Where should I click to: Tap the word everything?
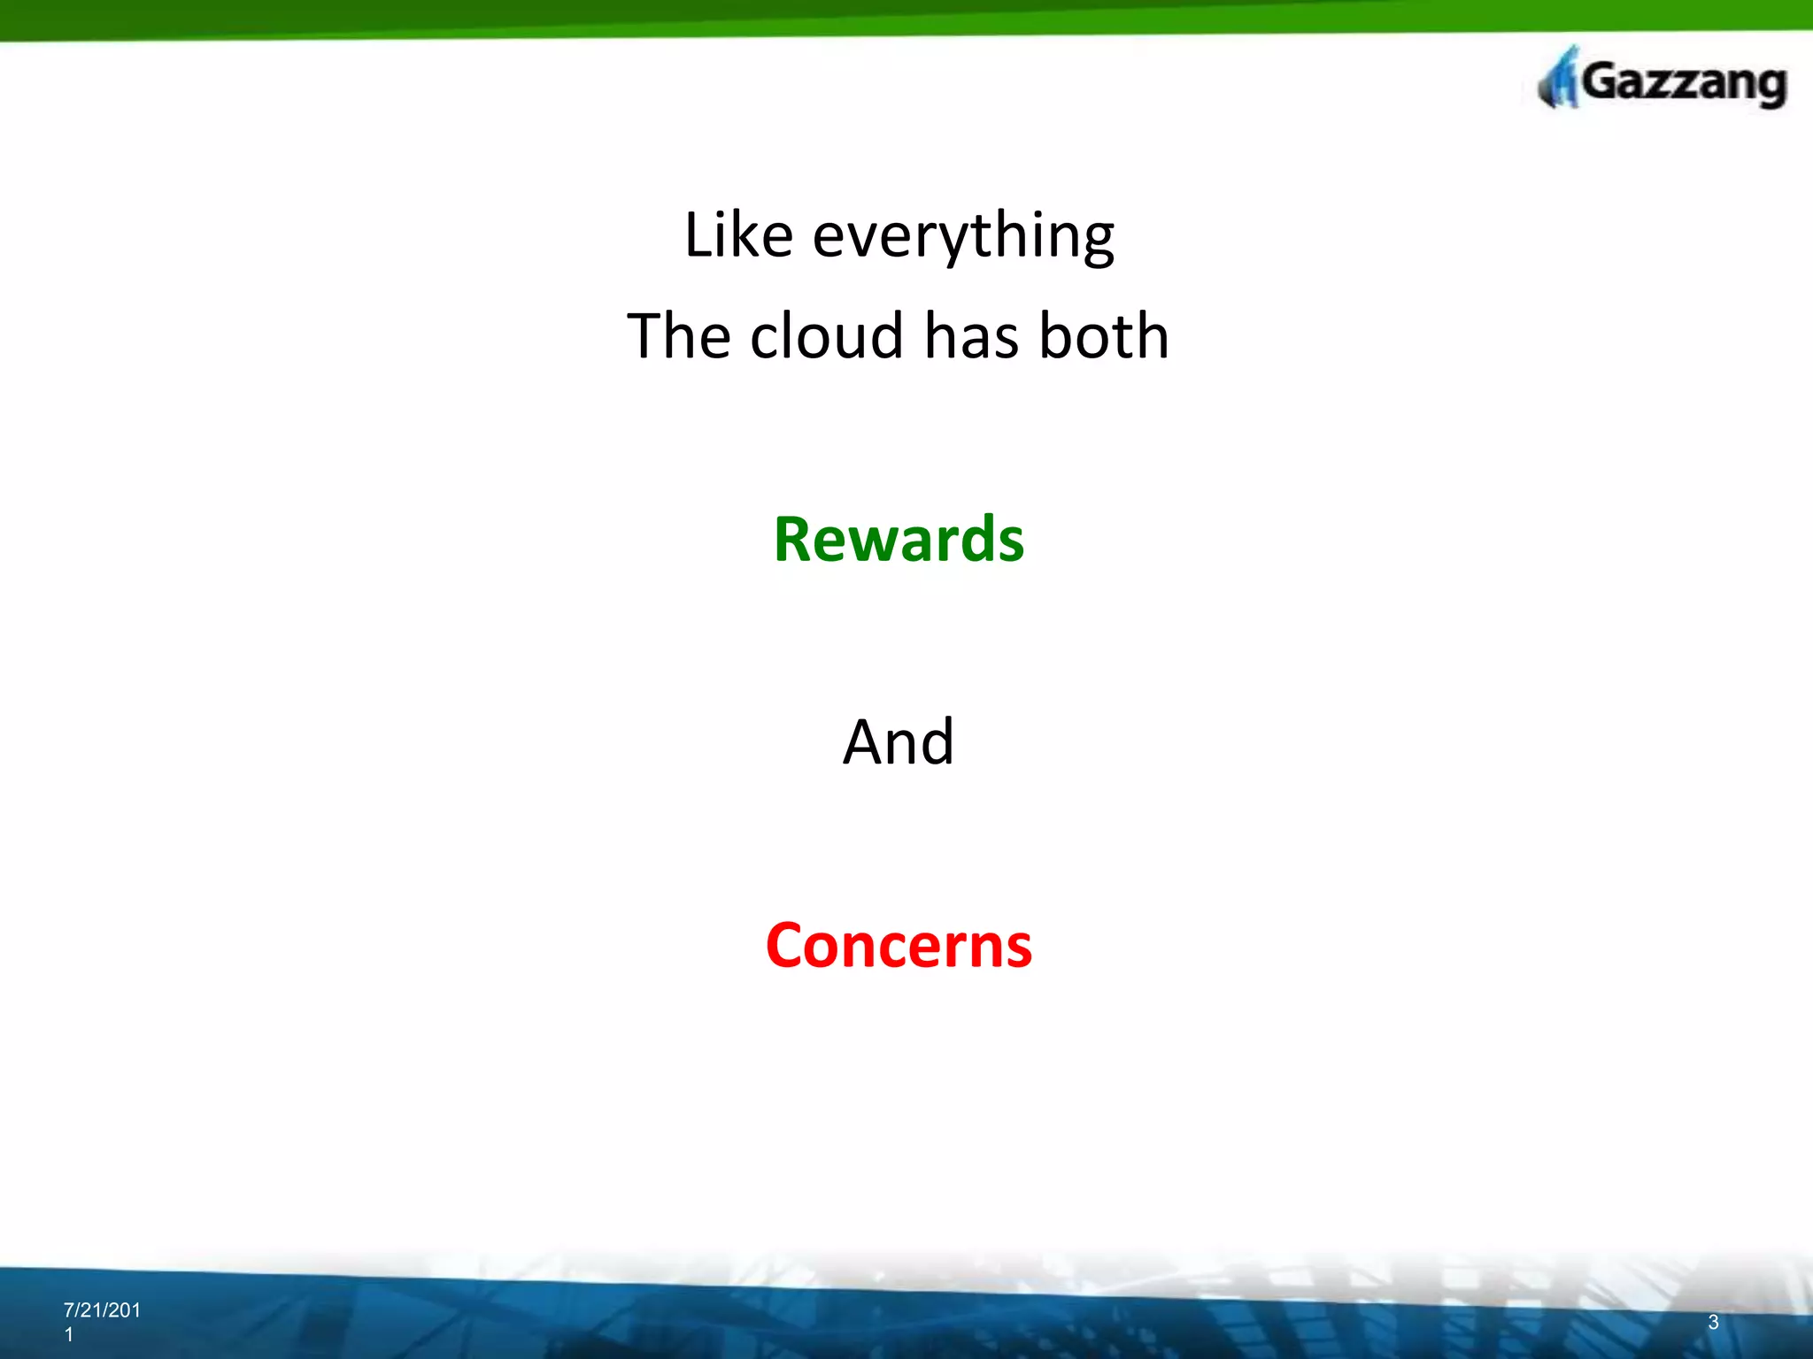coord(963,237)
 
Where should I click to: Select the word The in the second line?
coord(679,336)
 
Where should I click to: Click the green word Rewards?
coord(899,539)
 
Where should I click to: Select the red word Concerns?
coord(899,945)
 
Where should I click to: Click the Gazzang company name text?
coord(1682,83)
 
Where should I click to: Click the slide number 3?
coord(1713,1322)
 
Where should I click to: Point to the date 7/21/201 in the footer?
coord(102,1310)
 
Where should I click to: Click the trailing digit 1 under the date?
coord(68,1335)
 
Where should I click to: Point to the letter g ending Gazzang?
coord(1768,88)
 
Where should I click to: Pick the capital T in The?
coord(646,336)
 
